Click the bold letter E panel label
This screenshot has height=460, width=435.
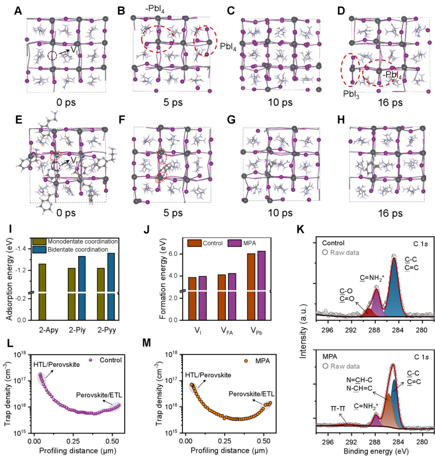[19, 120]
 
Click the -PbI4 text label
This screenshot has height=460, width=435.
[392, 75]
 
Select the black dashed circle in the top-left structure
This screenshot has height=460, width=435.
[52, 56]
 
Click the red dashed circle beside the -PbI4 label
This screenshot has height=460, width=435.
[378, 73]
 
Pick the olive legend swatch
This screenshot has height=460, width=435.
[39, 242]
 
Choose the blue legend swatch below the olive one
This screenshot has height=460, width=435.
[39, 250]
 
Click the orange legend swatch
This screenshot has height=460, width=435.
[194, 243]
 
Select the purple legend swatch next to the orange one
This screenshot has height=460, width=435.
[234, 243]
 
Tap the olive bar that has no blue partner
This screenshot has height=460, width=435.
[42, 292]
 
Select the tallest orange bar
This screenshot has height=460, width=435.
[251, 286]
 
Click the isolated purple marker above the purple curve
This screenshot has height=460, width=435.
[90, 360]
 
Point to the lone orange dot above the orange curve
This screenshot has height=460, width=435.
[246, 361]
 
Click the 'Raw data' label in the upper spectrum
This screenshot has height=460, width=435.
[344, 253]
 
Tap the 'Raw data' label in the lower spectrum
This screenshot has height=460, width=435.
[345, 366]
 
